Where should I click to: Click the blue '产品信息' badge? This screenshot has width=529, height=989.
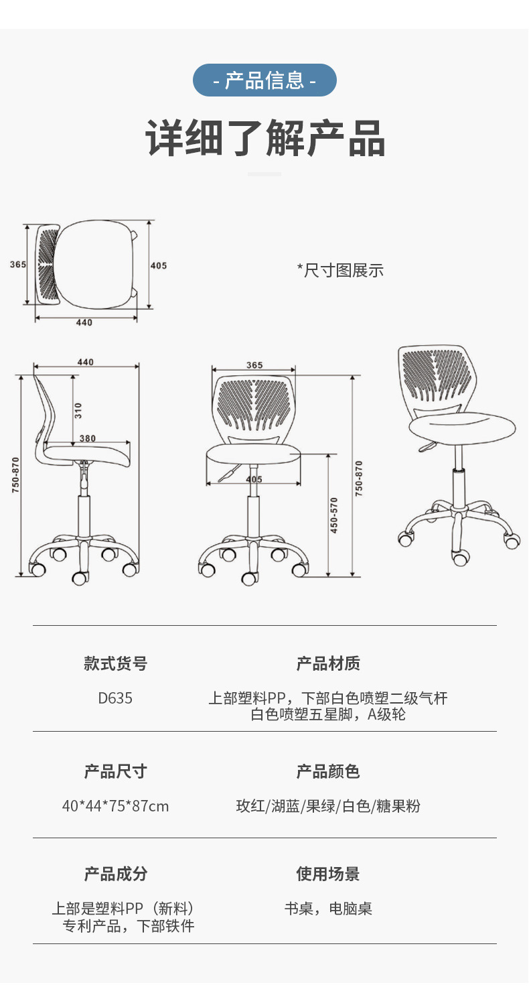[264, 80]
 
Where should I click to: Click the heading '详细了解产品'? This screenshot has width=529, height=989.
[265, 138]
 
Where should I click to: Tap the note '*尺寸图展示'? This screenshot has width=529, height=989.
[340, 271]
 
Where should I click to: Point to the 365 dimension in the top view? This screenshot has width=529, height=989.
[18, 265]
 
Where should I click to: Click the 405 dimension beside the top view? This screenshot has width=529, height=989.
[158, 266]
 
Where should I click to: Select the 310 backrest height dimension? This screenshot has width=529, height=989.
[78, 410]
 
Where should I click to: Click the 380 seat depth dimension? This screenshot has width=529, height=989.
[88, 439]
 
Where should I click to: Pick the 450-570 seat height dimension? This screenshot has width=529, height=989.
[334, 515]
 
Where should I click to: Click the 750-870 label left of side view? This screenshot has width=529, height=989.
[15, 476]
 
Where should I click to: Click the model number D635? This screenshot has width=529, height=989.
[115, 698]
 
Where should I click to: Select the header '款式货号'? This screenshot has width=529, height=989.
[115, 663]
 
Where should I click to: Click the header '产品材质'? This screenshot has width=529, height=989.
[328, 663]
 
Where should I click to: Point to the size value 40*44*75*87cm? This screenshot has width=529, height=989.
[115, 806]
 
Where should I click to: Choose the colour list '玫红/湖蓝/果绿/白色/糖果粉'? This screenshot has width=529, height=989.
[328, 806]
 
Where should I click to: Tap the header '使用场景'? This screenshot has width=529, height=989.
[328, 874]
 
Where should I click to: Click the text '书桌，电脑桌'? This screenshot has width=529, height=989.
[328, 909]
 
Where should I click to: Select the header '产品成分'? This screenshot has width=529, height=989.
[115, 874]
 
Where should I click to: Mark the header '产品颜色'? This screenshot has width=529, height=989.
[328, 771]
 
